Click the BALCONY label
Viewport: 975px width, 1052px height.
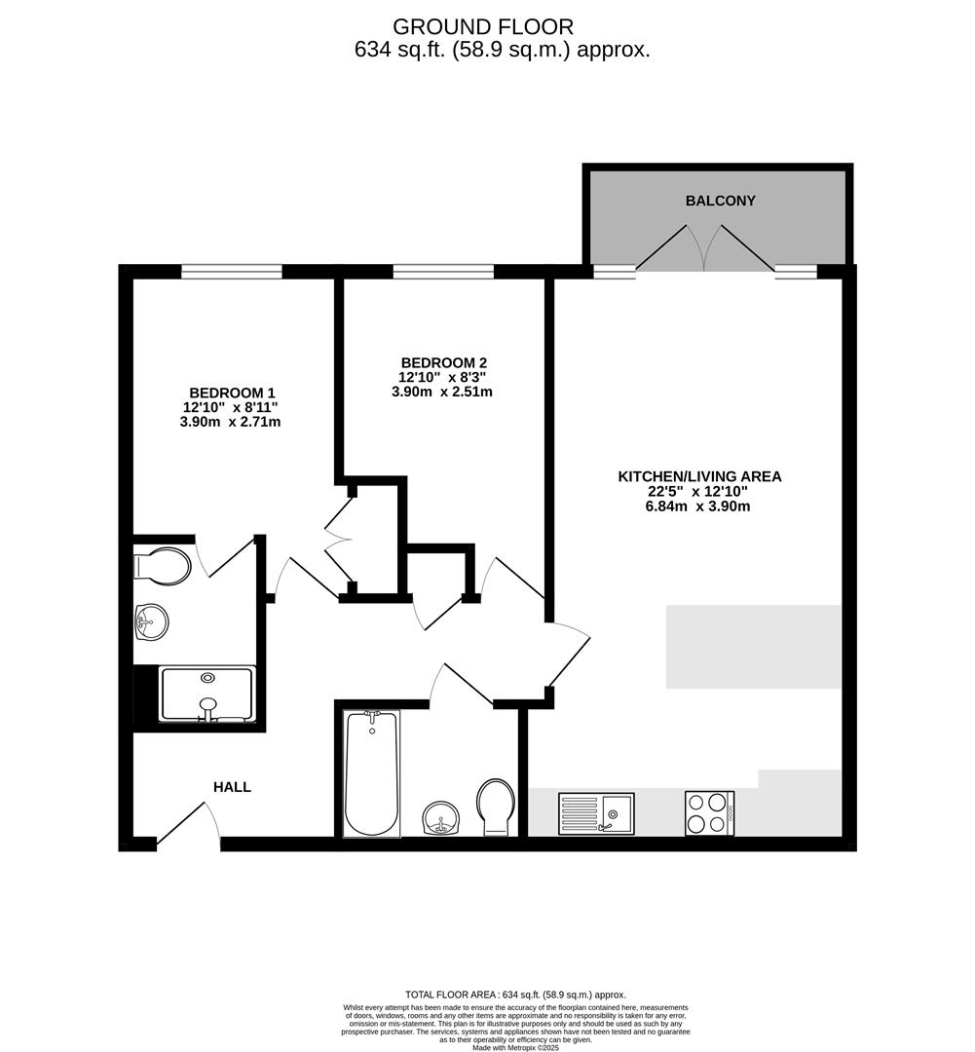tap(720, 201)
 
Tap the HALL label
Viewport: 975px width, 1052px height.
tap(232, 787)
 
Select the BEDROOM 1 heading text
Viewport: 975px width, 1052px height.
tap(232, 393)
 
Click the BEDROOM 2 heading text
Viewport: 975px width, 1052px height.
tap(443, 363)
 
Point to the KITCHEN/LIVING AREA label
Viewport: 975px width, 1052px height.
tap(699, 476)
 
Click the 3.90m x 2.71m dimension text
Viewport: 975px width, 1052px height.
tap(230, 422)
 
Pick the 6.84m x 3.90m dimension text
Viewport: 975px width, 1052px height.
tap(697, 507)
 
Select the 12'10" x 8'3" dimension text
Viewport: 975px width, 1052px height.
tap(442, 378)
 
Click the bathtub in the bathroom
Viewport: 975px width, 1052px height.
tap(371, 773)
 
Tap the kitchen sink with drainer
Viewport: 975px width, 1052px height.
tap(596, 813)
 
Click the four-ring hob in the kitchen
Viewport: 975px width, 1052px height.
tap(709, 813)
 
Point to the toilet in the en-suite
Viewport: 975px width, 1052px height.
tap(163, 565)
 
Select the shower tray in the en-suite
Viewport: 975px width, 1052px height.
tap(206, 695)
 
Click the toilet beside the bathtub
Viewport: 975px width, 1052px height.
tap(496, 808)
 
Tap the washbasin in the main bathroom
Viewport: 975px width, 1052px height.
tap(441, 818)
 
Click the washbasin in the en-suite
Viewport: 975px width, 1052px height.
tap(152, 621)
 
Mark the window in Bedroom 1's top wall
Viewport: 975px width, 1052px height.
tap(232, 271)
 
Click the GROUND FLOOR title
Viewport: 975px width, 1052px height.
tap(483, 27)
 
